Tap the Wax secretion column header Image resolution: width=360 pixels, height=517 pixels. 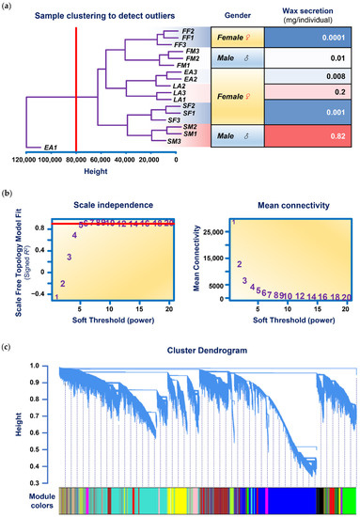[x=309, y=15]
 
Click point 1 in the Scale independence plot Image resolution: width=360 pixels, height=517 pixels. [x=56, y=298]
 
